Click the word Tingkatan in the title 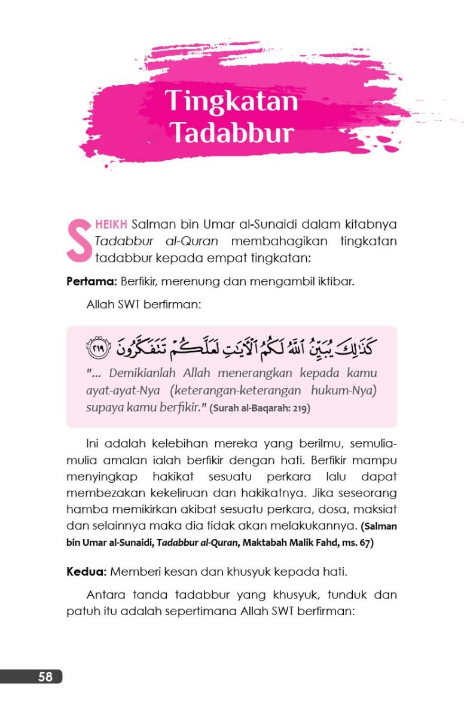[x=231, y=101]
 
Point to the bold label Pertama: [x=91, y=281]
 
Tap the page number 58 [x=45, y=677]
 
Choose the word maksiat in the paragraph [x=377, y=510]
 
